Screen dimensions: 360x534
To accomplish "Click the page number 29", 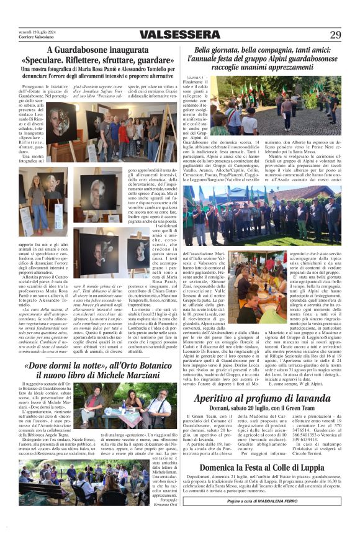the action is [x=335, y=34].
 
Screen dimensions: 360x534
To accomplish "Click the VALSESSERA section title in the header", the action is [x=180, y=34].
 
